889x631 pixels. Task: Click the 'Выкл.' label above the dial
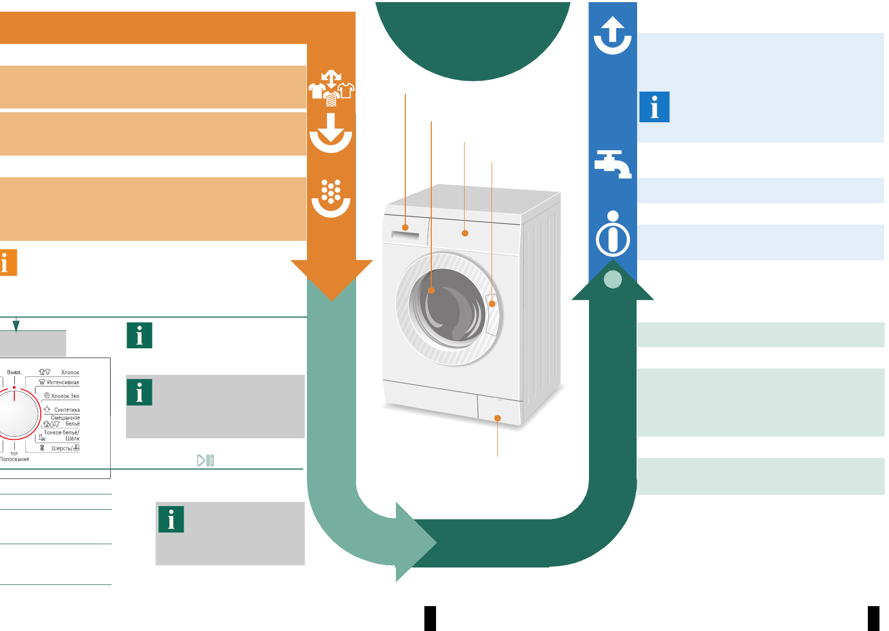pos(14,372)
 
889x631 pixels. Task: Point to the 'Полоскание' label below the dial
pos(15,459)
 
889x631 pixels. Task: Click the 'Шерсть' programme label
pos(61,448)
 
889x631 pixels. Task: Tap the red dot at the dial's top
pos(14,387)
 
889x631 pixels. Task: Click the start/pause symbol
pos(205,461)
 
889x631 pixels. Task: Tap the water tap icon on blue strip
pos(612,164)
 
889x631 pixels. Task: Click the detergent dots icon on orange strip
pos(331,199)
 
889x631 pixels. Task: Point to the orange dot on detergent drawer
pos(405,228)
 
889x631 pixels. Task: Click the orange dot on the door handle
pos(492,304)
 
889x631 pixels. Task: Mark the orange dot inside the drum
pos(431,290)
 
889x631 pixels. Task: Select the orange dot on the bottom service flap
pos(497,418)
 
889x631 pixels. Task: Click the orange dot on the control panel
pos(465,233)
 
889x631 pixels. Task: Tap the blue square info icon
pos(655,107)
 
